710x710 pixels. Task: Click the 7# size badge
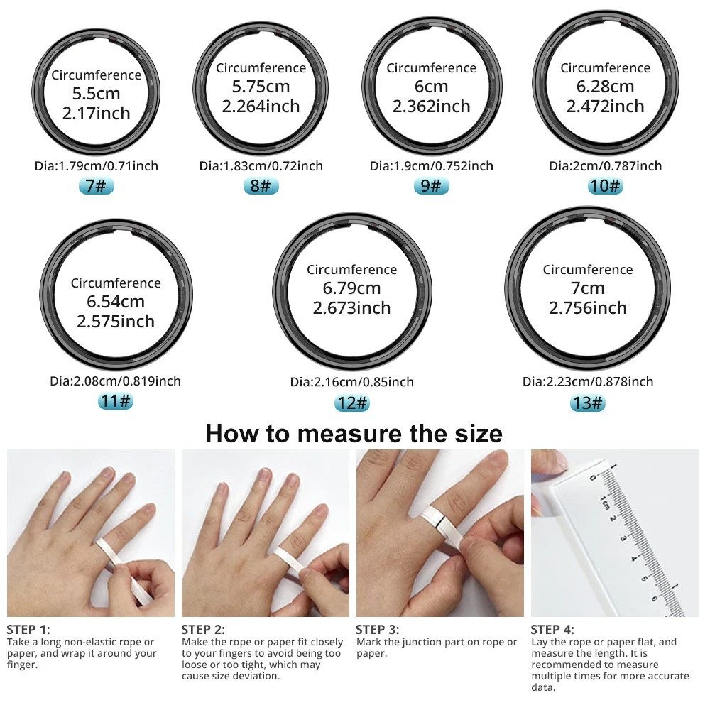[x=95, y=186]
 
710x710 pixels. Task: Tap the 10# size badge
[x=605, y=186]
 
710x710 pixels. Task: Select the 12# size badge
[x=352, y=403]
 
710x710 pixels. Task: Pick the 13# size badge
[x=588, y=403]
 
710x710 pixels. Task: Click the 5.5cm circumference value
[x=96, y=94]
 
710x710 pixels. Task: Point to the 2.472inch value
[x=605, y=106]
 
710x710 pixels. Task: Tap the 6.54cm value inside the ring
[x=116, y=302]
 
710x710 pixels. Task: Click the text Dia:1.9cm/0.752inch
[x=431, y=166]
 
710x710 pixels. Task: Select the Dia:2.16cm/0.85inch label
[x=351, y=382]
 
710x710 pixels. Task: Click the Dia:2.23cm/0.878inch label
[x=588, y=381]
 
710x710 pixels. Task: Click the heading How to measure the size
[x=354, y=433]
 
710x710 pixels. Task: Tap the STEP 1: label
[x=28, y=629]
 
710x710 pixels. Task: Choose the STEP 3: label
[x=378, y=629]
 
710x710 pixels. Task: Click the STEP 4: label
[x=552, y=629]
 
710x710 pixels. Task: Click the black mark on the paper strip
[x=439, y=525]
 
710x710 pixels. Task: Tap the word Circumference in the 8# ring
[x=261, y=68]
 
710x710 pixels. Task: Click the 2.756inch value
[x=588, y=308]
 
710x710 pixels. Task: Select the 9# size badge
[x=432, y=186]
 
